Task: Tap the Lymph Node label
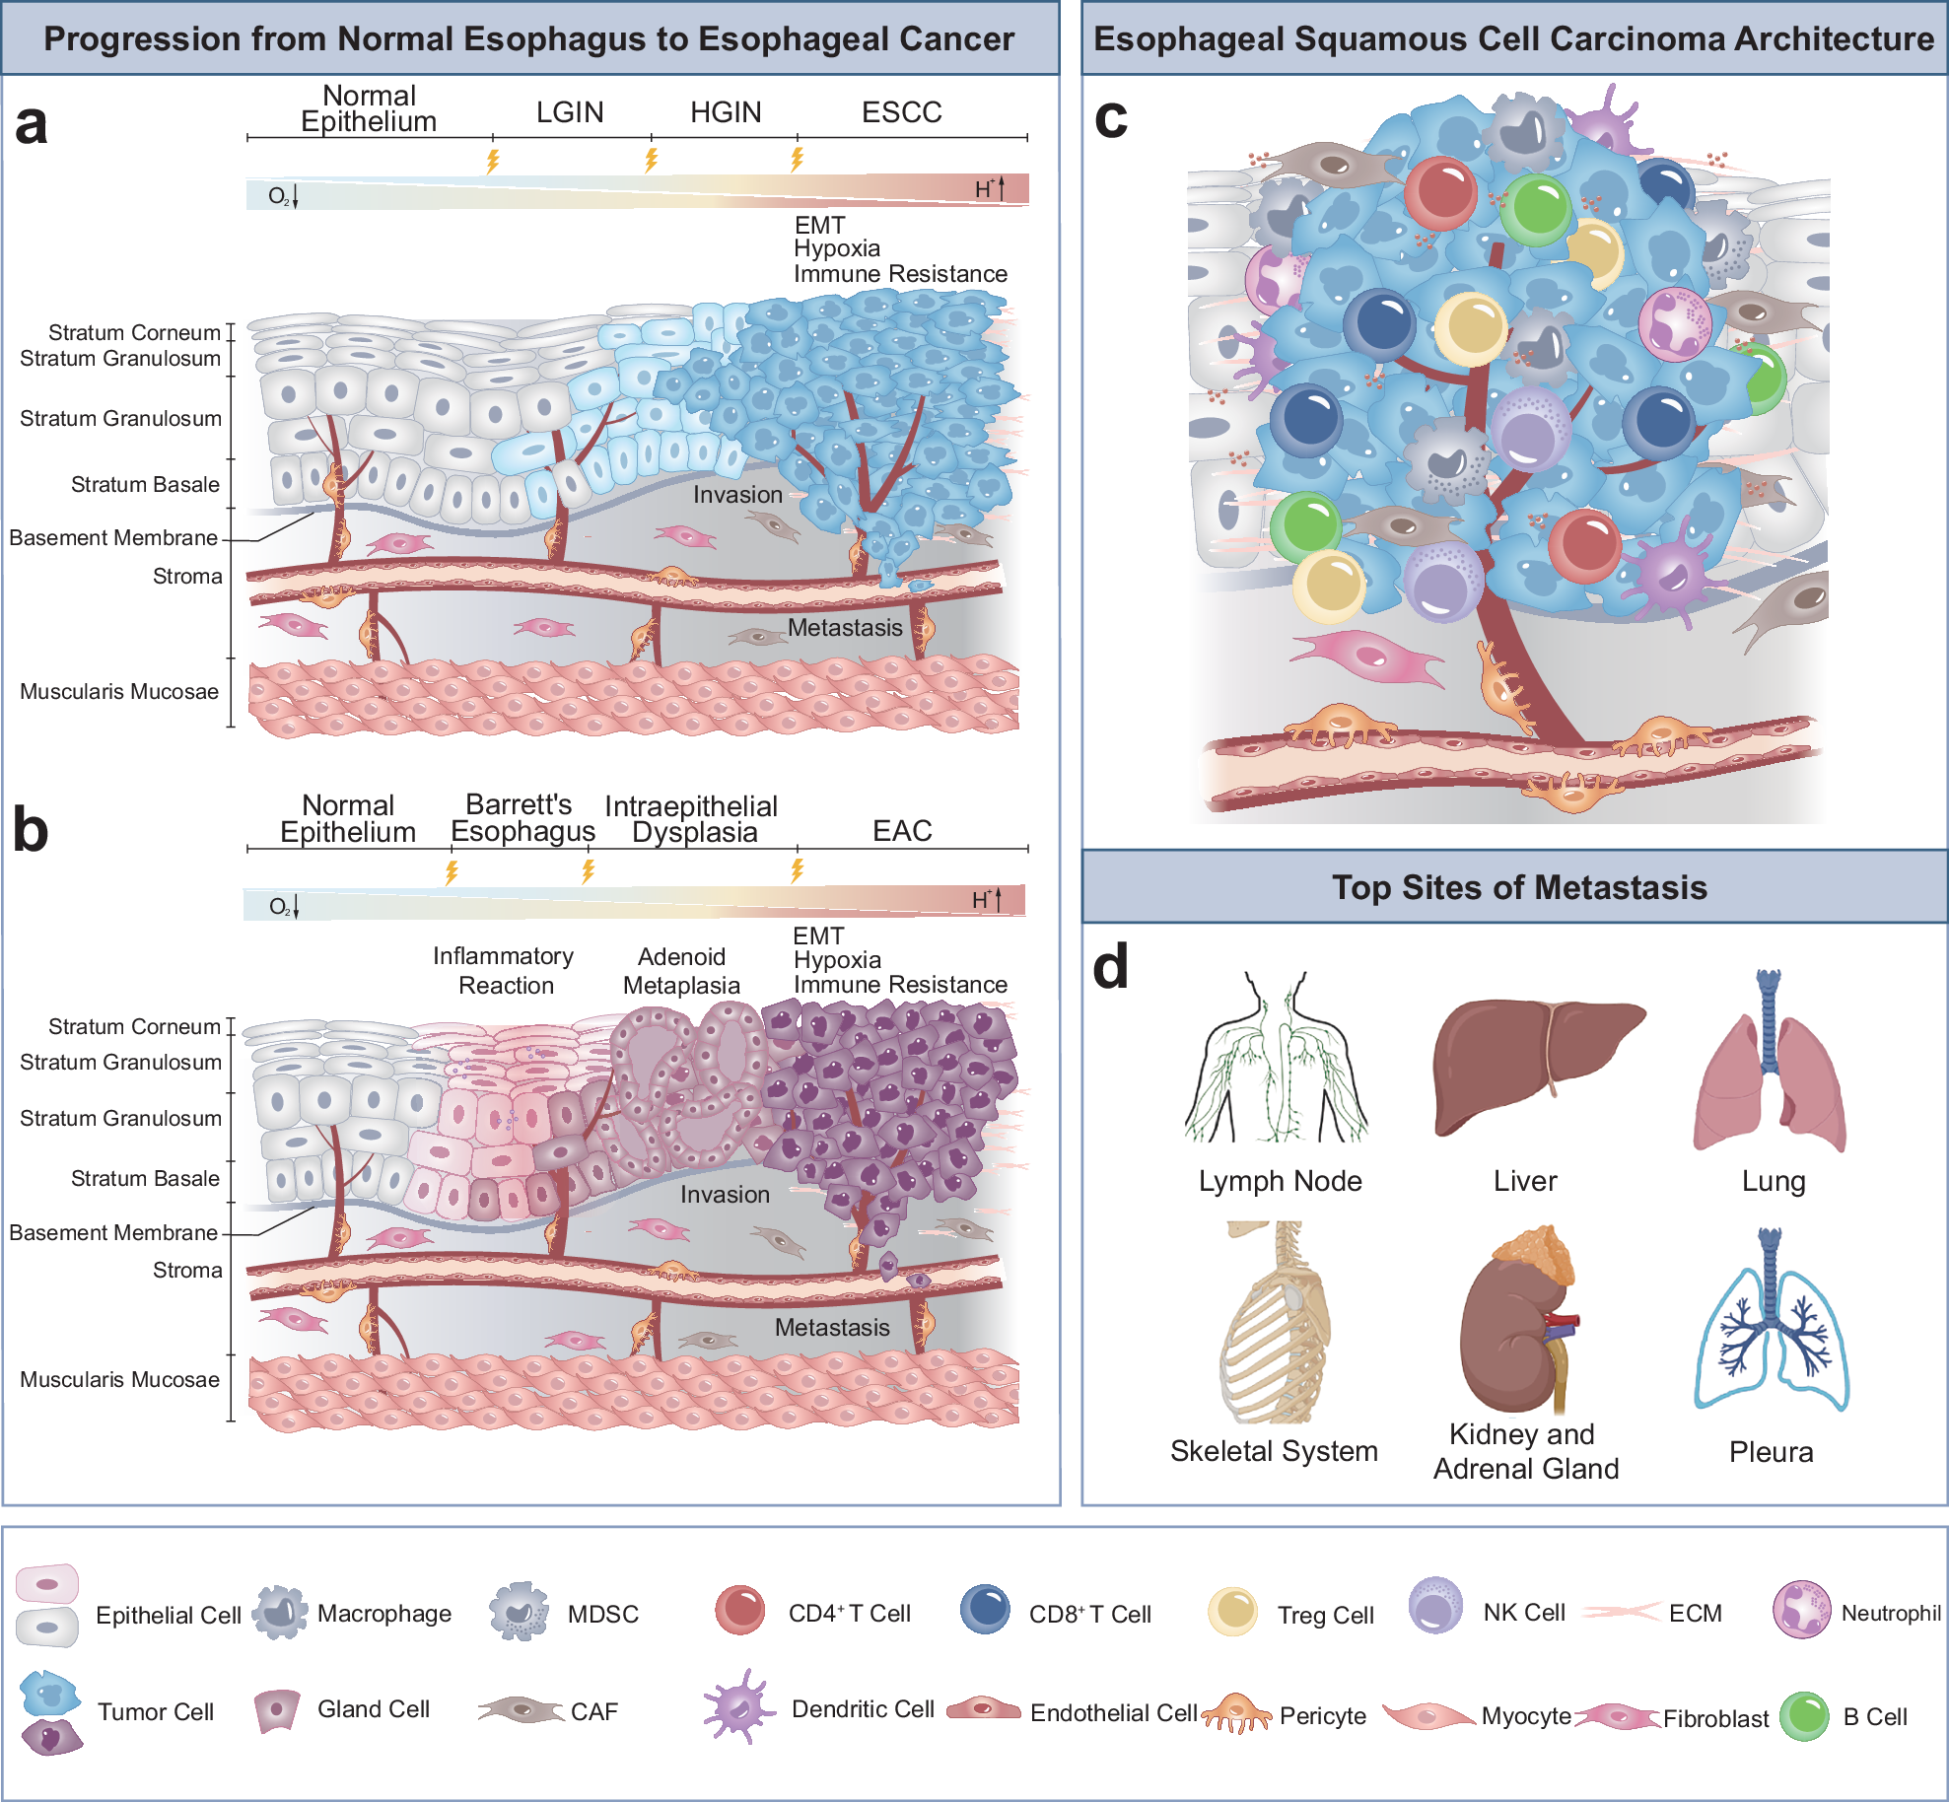click(1280, 1181)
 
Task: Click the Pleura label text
click(1771, 1451)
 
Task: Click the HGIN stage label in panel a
click(726, 112)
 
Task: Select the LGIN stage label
click(570, 112)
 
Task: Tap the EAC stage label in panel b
click(902, 831)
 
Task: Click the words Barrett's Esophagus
click(522, 818)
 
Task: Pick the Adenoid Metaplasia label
click(681, 971)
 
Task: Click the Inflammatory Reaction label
click(504, 971)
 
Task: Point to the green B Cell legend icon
click(1805, 1716)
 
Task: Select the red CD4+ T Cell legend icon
click(740, 1610)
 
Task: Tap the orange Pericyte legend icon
click(1236, 1713)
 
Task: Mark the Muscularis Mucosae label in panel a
click(119, 692)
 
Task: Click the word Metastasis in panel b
click(832, 1328)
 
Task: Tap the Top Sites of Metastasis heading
click(1519, 887)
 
